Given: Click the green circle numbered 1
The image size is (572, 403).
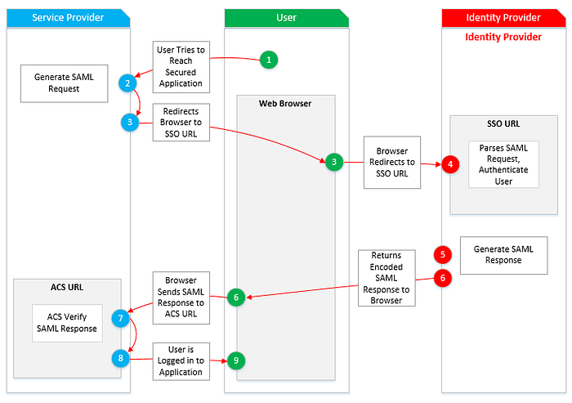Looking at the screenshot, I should (270, 59).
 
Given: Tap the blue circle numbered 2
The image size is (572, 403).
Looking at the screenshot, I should (127, 83).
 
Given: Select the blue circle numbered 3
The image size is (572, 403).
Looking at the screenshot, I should (128, 122).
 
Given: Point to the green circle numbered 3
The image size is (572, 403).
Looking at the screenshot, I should (333, 162).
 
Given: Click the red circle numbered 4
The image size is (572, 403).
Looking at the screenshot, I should (449, 164).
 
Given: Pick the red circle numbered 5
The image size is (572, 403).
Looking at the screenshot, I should (443, 254).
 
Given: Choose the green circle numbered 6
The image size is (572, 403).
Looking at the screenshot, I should (236, 298).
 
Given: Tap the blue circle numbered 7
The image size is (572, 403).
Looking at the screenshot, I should (121, 317).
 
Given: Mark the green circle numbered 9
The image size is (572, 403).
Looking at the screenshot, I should (236, 360).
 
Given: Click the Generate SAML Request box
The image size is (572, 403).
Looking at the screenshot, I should (64, 83).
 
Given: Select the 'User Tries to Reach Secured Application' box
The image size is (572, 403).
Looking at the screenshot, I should (181, 67).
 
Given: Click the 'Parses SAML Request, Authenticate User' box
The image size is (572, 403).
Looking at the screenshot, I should (503, 164).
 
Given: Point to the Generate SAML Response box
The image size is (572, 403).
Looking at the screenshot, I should (503, 254).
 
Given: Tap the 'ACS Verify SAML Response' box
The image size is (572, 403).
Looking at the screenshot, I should (67, 323).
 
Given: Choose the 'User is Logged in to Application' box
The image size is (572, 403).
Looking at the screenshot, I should (181, 360).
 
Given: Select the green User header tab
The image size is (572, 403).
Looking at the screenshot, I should (286, 17).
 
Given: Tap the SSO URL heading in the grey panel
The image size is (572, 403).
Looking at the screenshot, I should (503, 124).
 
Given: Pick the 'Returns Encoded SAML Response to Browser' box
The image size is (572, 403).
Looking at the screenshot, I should (387, 278).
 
